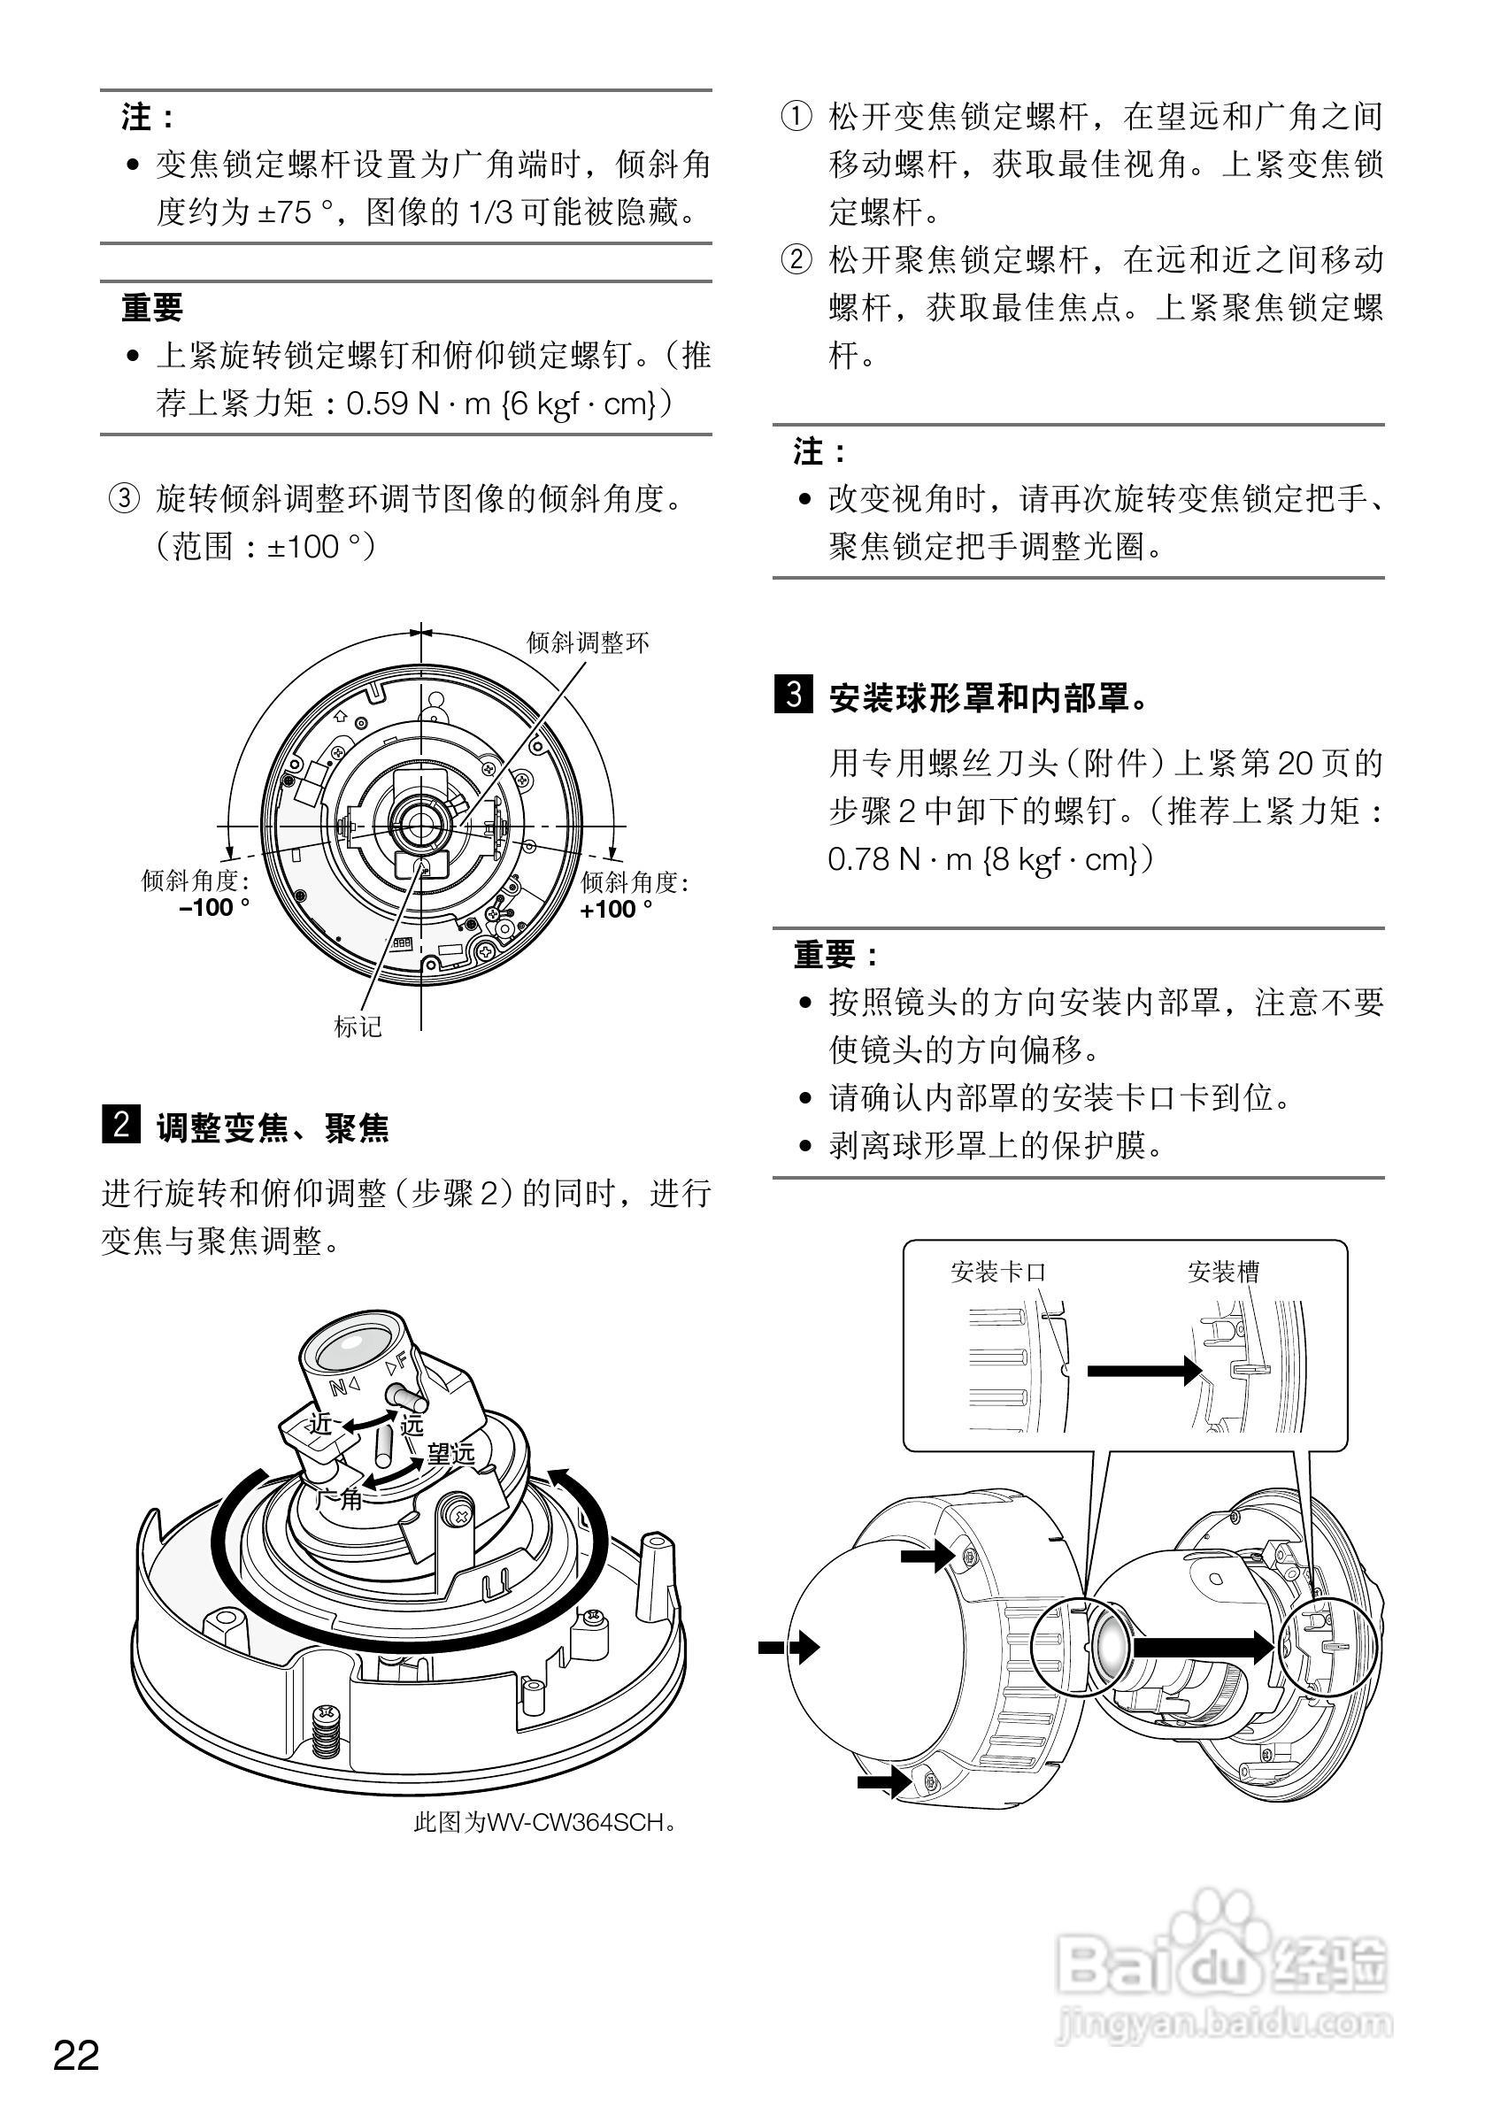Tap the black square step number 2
120,1126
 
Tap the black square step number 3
793,695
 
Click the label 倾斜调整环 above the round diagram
588,642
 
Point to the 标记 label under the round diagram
358,1026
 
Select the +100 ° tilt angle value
616,909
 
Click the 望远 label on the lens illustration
450,1453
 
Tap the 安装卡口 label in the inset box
998,1271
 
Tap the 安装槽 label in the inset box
1222,1271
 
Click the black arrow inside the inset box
1143,1371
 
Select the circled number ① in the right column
796,117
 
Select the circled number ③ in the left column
125,499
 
